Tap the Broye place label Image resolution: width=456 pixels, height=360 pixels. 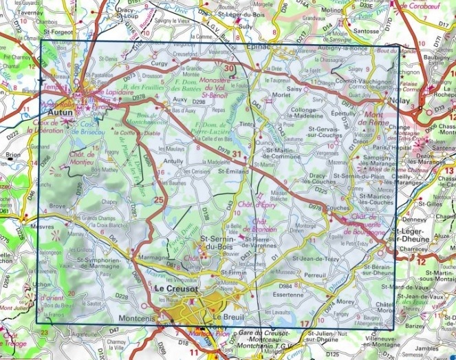point(57,206)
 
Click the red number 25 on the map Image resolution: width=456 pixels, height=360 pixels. point(160,200)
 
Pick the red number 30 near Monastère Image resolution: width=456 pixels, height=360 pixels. point(229,67)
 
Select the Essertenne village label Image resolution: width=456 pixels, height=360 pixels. point(287,293)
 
